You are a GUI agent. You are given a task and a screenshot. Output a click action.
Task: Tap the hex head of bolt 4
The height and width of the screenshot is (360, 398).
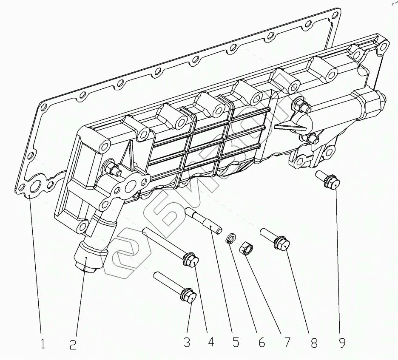click(x=191, y=260)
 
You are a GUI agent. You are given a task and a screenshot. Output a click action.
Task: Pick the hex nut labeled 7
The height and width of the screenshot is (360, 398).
click(x=246, y=248)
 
